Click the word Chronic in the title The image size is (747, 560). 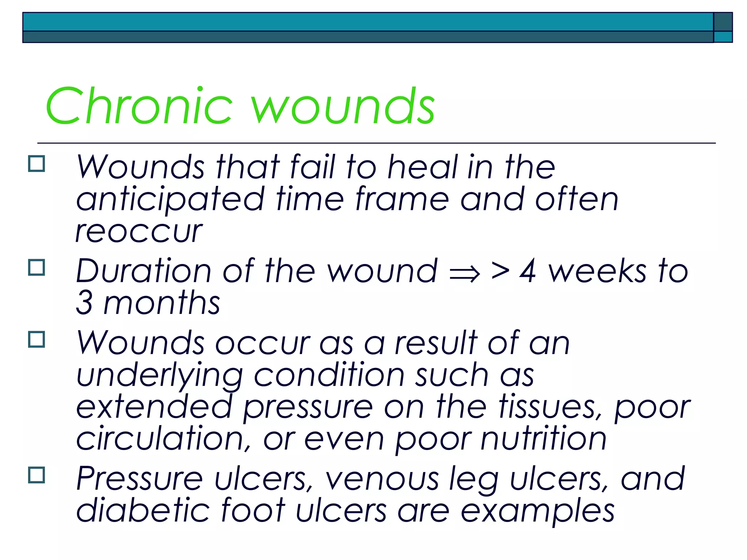(x=139, y=106)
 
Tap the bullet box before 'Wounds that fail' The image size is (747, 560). (x=36, y=164)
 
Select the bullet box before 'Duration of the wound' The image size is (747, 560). (x=36, y=267)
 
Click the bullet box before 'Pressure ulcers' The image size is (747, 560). (x=36, y=475)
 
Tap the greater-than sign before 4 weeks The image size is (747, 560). (x=500, y=271)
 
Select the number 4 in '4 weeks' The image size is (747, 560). (x=528, y=271)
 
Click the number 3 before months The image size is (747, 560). (x=84, y=303)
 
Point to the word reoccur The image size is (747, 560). (x=139, y=232)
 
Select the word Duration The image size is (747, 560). (x=143, y=271)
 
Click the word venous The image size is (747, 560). (x=382, y=479)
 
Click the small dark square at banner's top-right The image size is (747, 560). (x=723, y=22)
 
